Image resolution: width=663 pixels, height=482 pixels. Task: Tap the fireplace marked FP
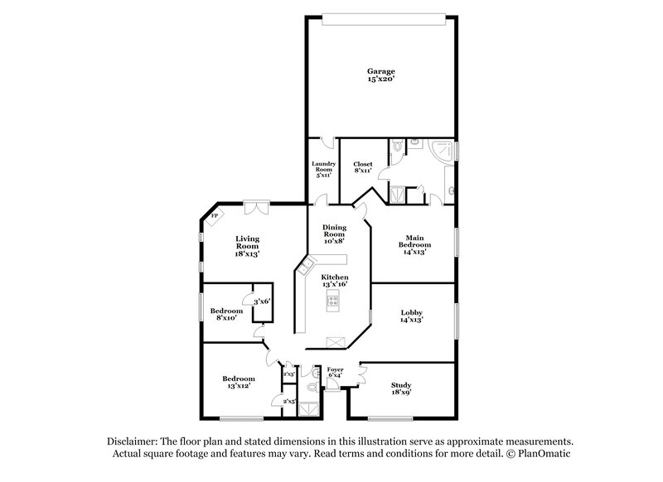(215, 218)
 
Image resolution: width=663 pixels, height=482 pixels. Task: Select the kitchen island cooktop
(335, 301)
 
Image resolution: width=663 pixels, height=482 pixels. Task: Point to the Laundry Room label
(323, 169)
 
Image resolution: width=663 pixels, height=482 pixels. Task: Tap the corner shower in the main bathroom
(444, 152)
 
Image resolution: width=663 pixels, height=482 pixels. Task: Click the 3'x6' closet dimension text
(263, 301)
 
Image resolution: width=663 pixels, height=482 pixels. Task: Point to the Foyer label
(335, 374)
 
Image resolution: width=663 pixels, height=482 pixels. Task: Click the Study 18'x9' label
(401, 389)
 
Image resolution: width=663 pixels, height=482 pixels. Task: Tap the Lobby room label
(412, 316)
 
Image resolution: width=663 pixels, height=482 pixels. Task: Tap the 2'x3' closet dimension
(288, 375)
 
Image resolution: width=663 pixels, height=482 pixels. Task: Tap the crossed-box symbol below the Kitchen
(335, 340)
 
